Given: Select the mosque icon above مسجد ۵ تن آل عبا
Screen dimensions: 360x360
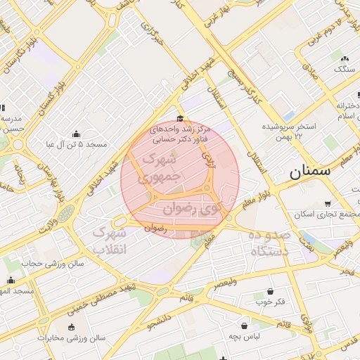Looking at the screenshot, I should [x=76, y=134].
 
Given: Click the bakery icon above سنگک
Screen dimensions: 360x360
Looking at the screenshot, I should [x=344, y=58].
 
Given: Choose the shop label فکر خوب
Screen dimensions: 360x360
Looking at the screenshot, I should [x=270, y=302].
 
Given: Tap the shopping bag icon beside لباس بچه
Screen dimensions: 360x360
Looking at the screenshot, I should [x=244, y=326].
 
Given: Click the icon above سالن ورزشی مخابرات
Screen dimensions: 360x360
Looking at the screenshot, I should [x=71, y=327].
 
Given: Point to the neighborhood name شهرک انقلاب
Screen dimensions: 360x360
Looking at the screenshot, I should [x=110, y=240].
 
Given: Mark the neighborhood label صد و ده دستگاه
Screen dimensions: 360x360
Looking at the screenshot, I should [x=268, y=243].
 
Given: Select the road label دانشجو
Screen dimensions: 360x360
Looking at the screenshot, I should [x=160, y=320].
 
